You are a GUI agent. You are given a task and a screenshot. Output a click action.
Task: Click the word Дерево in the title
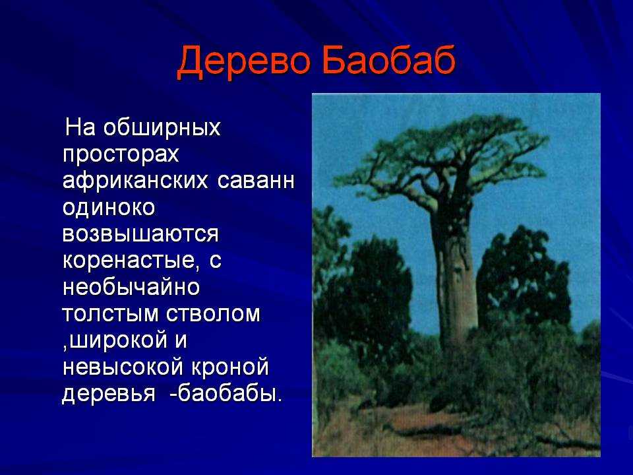pos(244,61)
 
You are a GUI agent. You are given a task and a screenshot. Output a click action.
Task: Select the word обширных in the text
pos(162,127)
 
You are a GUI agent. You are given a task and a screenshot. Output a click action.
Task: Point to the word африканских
pos(135,181)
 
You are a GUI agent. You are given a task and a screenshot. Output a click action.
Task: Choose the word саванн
pos(256,181)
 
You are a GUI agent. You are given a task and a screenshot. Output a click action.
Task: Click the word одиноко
pos(109,208)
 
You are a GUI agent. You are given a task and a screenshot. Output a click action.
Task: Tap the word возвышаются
pos(140,234)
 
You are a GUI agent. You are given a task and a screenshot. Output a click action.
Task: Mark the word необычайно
pos(131,287)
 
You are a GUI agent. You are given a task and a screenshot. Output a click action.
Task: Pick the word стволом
pos(214,314)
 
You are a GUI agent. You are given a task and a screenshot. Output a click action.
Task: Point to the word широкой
pos(115,340)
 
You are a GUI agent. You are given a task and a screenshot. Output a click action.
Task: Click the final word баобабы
pos(226,393)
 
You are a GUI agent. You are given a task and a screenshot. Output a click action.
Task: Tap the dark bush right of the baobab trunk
pos(524,274)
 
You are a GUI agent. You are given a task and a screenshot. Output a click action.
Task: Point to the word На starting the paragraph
pos(80,127)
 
